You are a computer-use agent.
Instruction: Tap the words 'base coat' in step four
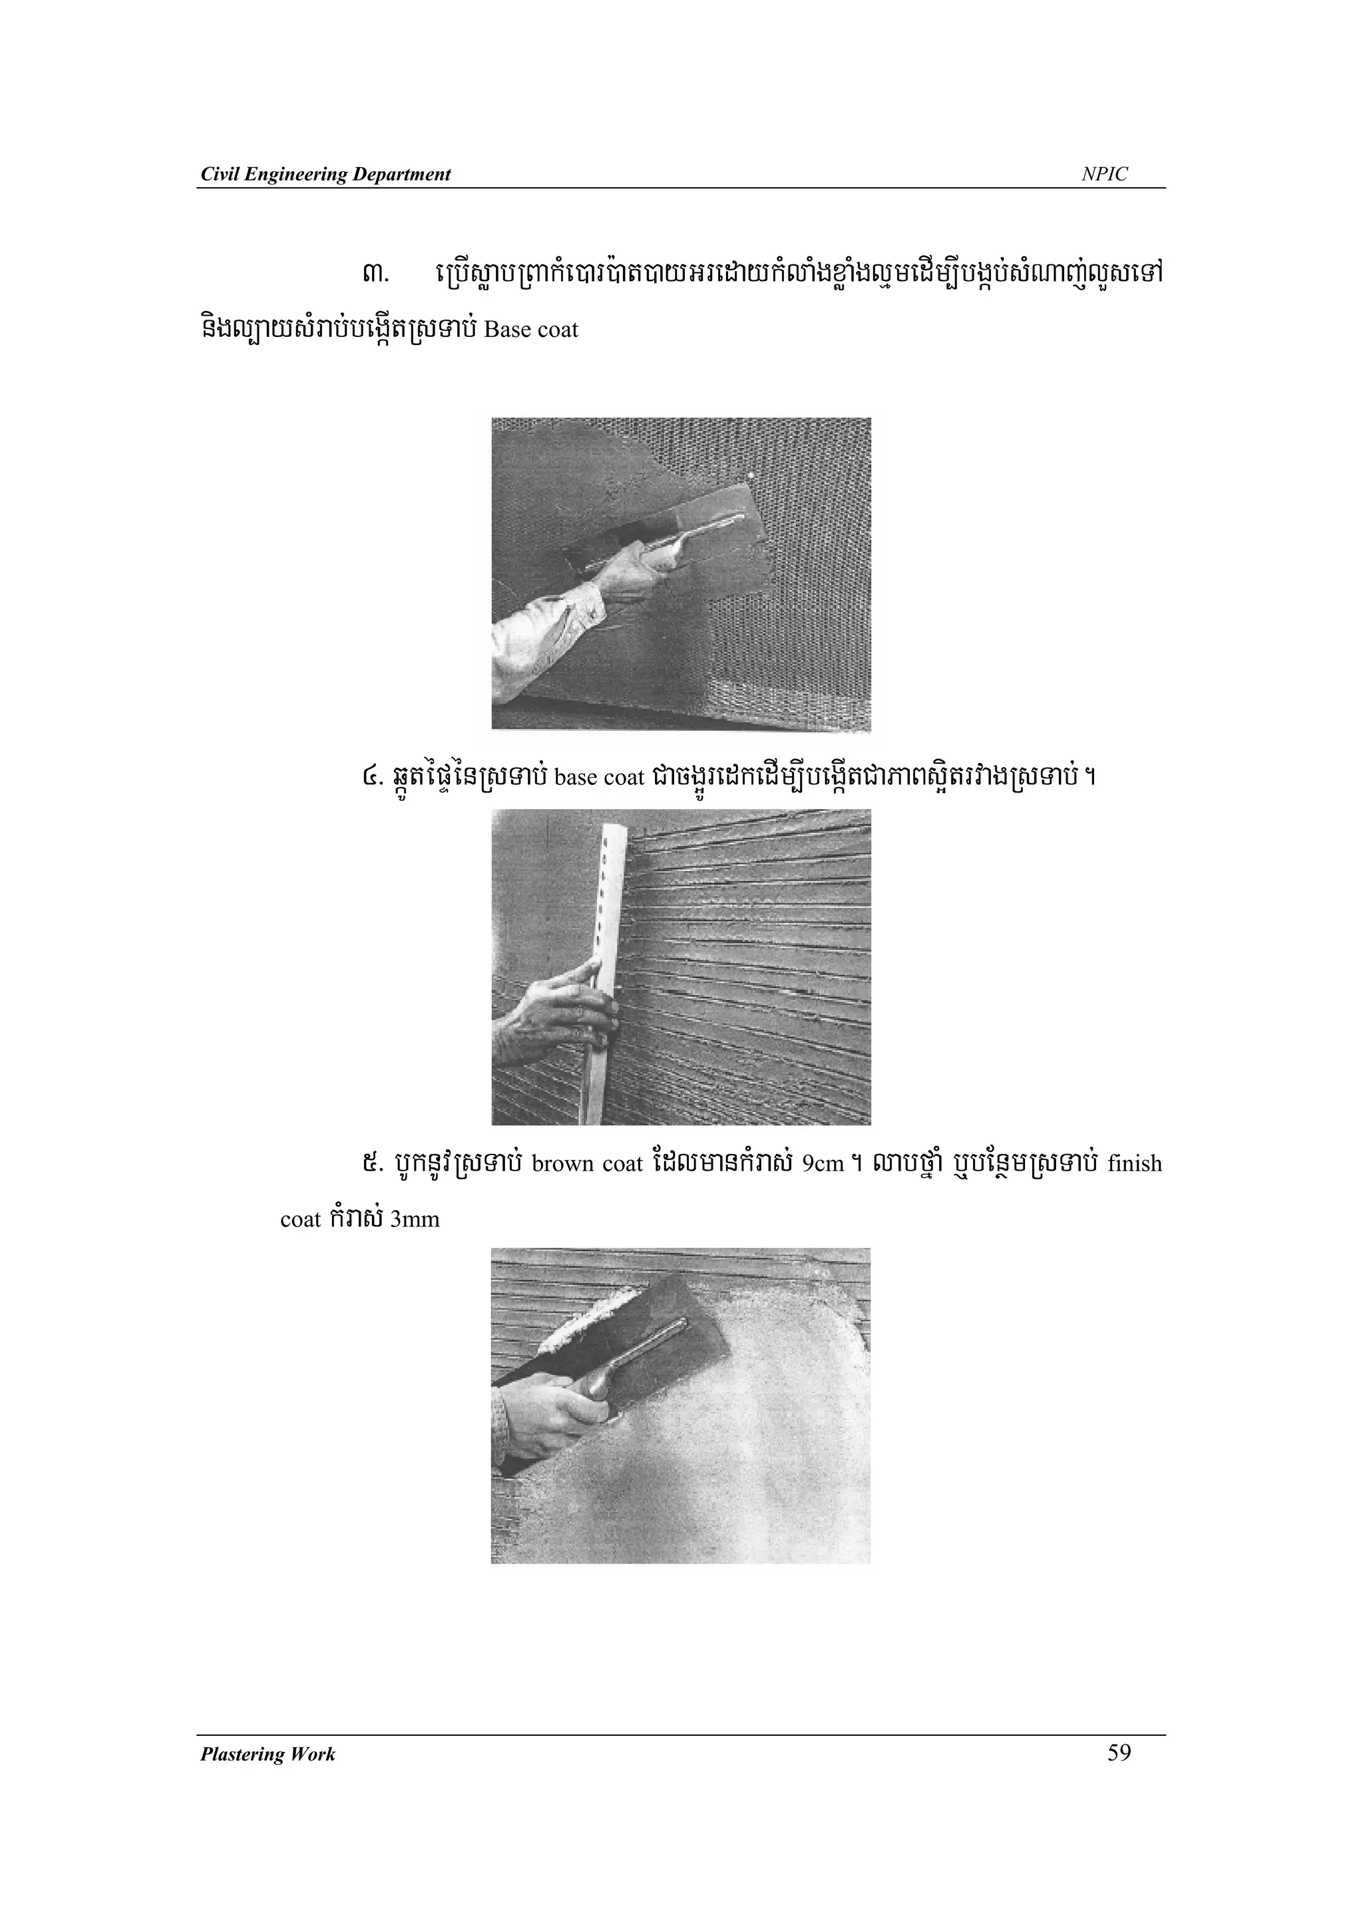[x=599, y=777]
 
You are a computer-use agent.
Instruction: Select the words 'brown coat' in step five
[x=586, y=1164]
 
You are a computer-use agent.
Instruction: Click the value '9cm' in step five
[x=823, y=1165]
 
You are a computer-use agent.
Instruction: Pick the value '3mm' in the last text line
[x=415, y=1219]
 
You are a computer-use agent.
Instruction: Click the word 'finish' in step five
[x=1135, y=1164]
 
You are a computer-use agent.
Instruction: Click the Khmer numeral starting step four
[x=366, y=777]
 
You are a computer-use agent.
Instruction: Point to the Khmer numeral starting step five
[x=367, y=1165]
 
